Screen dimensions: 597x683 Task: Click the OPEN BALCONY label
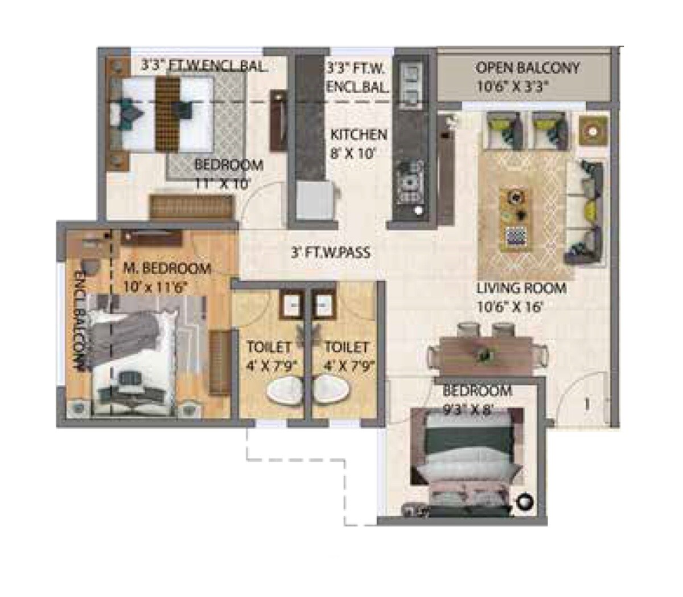pyautogui.click(x=527, y=68)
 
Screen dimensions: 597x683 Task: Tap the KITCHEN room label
pyautogui.click(x=359, y=135)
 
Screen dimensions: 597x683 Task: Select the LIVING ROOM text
pyautogui.click(x=521, y=289)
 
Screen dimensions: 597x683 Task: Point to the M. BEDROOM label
pyautogui.click(x=167, y=268)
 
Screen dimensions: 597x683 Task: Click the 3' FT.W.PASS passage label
pyautogui.click(x=331, y=252)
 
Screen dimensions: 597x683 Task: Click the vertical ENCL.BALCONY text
pyautogui.click(x=80, y=322)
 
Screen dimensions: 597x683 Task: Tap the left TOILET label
pyautogui.click(x=269, y=347)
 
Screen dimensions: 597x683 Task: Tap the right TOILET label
pyautogui.click(x=346, y=347)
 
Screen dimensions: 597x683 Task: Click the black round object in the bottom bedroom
pyautogui.click(x=525, y=502)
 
